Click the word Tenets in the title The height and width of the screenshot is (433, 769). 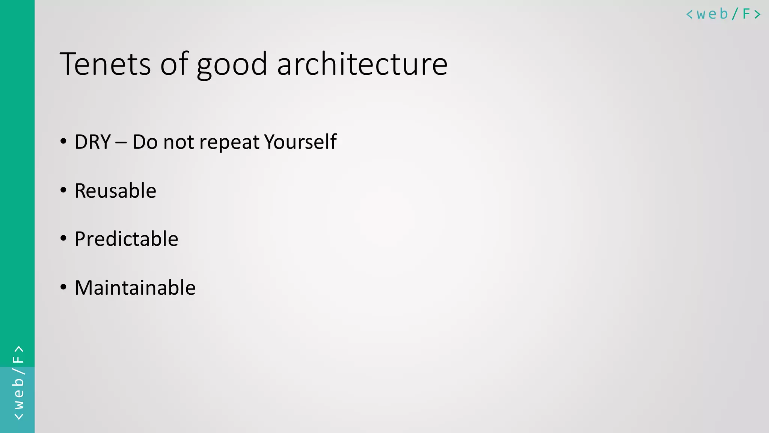click(x=105, y=64)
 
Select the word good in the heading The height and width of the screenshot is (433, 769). click(x=232, y=65)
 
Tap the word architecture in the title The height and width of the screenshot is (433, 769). click(x=362, y=64)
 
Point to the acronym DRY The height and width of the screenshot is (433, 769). click(x=92, y=142)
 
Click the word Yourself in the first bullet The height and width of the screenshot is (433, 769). click(x=300, y=142)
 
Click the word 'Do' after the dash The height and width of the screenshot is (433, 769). click(x=145, y=142)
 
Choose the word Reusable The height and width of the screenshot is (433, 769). click(x=115, y=191)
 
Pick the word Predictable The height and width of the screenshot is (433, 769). click(x=126, y=239)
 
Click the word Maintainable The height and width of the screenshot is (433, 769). click(x=135, y=288)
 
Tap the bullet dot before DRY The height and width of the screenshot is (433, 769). click(x=63, y=142)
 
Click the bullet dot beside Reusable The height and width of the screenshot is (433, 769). click(x=63, y=190)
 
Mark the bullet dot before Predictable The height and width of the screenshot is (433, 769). click(x=63, y=238)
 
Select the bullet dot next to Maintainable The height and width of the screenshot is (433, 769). click(x=63, y=288)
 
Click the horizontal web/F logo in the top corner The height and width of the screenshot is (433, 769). click(x=723, y=14)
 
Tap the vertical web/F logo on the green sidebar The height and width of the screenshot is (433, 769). click(x=18, y=383)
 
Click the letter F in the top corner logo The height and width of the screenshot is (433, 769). click(x=746, y=14)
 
